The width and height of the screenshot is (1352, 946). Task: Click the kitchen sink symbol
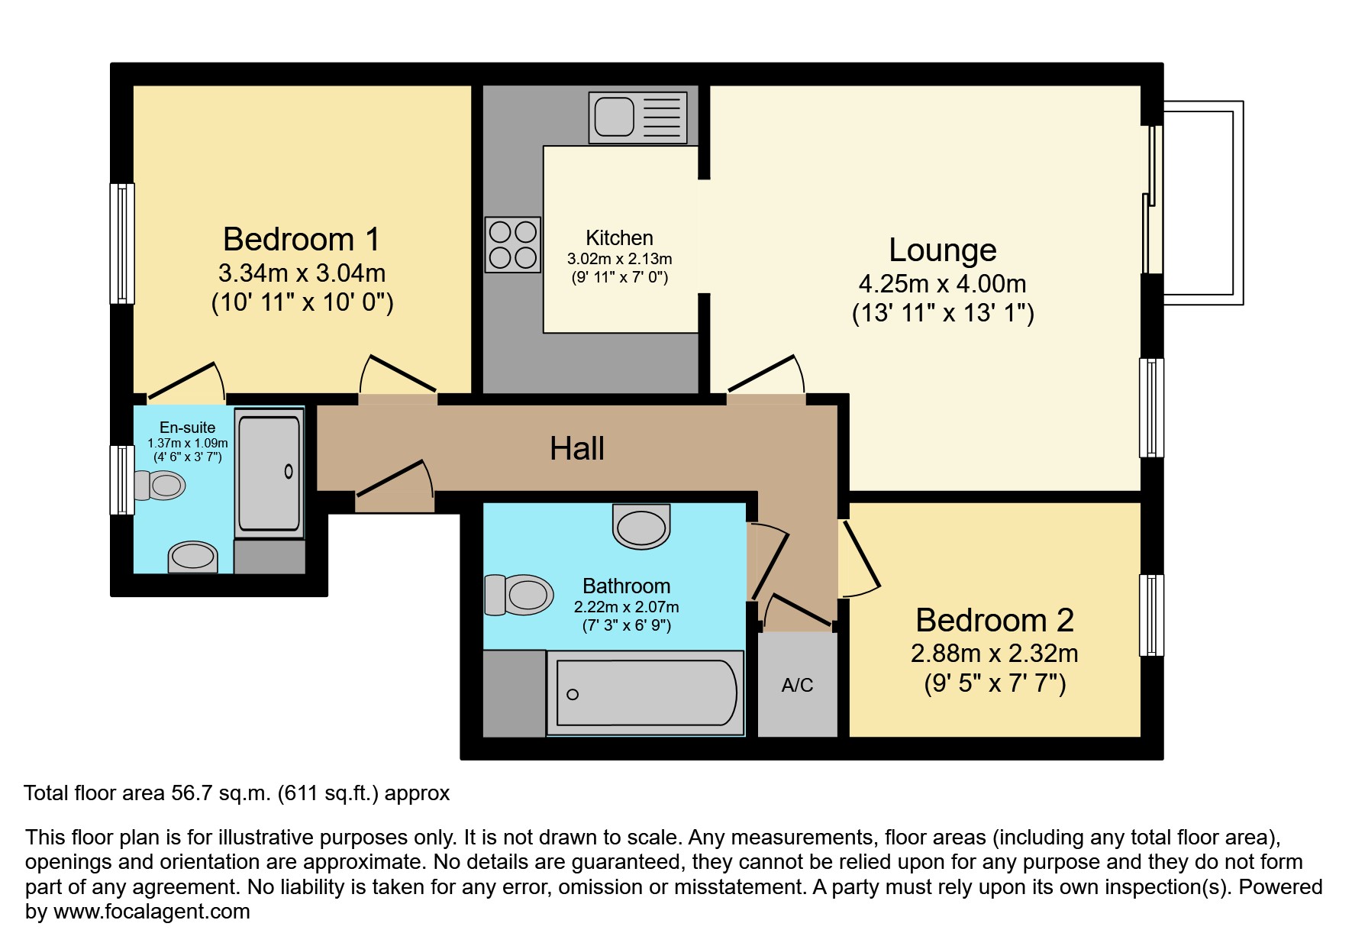tap(638, 118)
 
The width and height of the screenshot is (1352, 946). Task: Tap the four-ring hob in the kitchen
tap(513, 244)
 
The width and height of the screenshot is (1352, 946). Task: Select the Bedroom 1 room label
tap(302, 239)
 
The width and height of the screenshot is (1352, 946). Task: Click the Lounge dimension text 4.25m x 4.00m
tap(942, 284)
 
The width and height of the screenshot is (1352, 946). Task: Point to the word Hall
tap(577, 448)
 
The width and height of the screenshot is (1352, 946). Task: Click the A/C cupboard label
tap(797, 685)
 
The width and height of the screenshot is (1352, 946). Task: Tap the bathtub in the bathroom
tap(646, 693)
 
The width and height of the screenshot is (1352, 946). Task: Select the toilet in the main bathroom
tap(519, 595)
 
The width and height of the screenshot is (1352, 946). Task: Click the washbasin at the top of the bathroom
tap(641, 526)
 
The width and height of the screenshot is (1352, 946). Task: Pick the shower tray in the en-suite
tap(269, 473)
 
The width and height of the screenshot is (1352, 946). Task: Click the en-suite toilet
tap(160, 485)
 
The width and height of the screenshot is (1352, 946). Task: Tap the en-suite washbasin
tap(193, 557)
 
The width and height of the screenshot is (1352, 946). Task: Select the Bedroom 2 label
tap(995, 620)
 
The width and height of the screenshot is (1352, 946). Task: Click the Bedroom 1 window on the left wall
tap(122, 244)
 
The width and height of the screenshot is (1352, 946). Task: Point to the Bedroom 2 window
tap(1151, 615)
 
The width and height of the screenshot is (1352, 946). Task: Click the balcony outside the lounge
tap(1199, 203)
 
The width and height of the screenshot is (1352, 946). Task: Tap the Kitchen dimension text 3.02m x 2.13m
tap(619, 259)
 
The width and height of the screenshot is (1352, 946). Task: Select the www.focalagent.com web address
tap(151, 912)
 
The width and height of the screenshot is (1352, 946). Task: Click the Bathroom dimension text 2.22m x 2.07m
tap(626, 607)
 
